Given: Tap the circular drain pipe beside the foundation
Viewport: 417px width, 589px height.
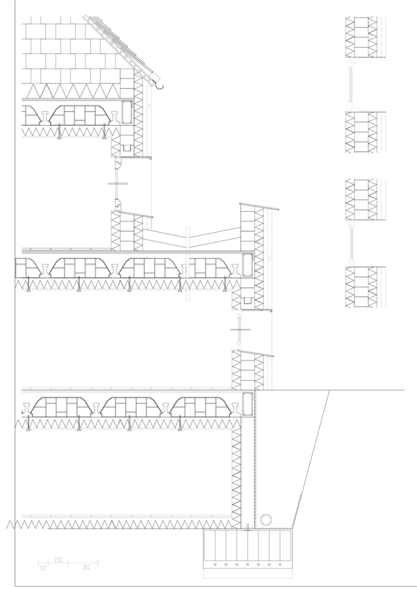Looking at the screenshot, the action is pos(266,520).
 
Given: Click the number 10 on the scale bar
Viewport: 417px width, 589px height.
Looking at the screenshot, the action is pos(42,568).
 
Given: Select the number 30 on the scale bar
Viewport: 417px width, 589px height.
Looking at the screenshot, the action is pos(85,568).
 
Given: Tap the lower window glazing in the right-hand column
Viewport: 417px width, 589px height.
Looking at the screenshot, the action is pos(352,244).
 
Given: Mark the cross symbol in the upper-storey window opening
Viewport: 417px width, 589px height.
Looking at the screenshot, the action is pos(117,184).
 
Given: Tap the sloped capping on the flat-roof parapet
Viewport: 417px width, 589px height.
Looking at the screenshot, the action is pos(259,206).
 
